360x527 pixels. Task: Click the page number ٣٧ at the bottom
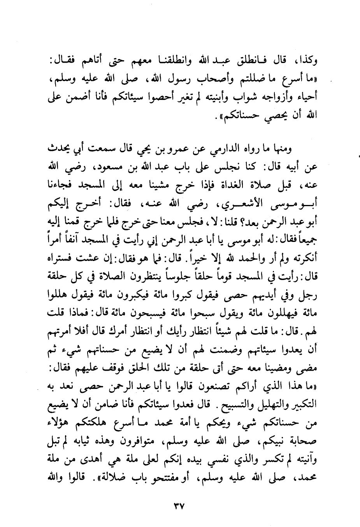point(179,507)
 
